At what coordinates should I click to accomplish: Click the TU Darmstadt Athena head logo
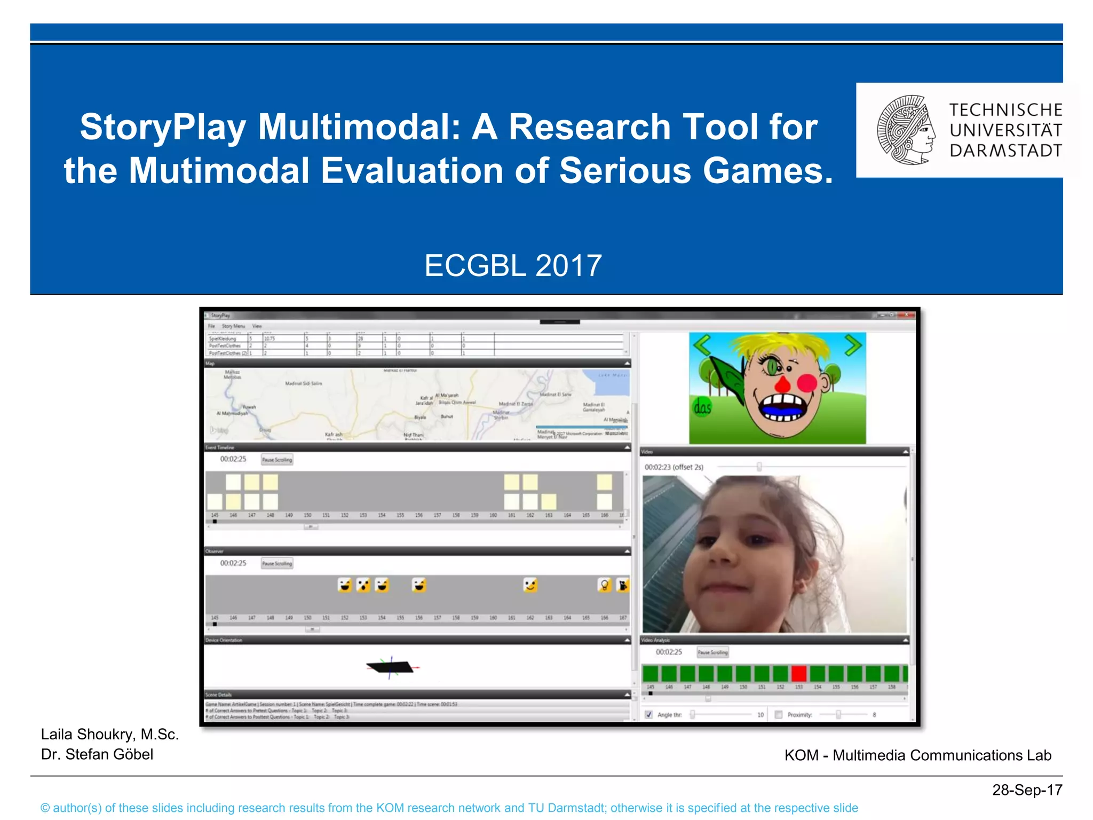coord(906,130)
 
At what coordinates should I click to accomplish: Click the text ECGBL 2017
coord(513,265)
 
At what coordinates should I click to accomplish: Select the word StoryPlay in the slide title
coord(163,127)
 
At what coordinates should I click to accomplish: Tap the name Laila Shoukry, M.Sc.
coord(110,734)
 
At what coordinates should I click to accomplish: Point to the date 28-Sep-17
coord(1027,790)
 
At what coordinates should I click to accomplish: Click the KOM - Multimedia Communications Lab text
coord(917,755)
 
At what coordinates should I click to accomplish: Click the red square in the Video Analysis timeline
coord(798,673)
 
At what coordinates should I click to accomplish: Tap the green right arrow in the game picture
coord(853,345)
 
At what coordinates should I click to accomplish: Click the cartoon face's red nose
coord(782,384)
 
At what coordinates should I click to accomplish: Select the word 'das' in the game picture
coord(702,408)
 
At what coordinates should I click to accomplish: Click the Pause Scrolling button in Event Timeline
coord(277,460)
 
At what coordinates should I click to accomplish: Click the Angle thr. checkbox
coord(648,714)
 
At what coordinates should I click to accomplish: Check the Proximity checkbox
coord(778,714)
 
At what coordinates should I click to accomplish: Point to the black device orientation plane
coord(391,667)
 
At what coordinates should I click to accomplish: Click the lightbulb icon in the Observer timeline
coord(604,586)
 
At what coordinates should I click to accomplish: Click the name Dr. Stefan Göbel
coord(97,754)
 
